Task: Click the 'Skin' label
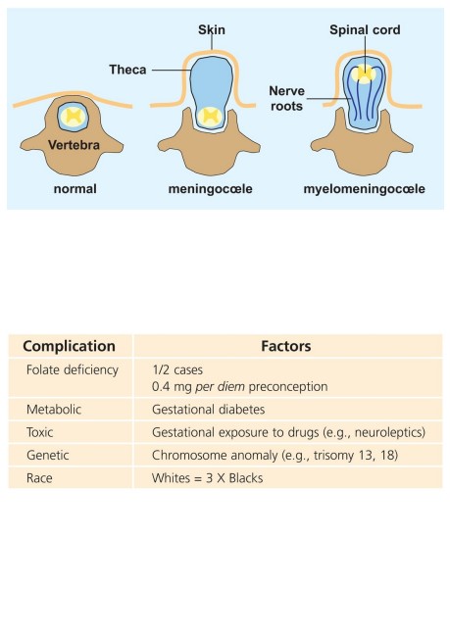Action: click(212, 29)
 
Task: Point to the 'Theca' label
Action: click(127, 70)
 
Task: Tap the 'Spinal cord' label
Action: click(365, 29)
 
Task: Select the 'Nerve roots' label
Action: click(286, 98)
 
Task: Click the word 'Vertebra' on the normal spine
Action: click(74, 145)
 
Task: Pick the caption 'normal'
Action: click(75, 189)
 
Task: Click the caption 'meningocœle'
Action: click(210, 189)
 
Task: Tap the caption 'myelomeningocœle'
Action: click(365, 189)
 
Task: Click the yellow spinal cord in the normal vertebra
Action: click(74, 117)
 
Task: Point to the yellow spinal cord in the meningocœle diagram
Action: click(210, 116)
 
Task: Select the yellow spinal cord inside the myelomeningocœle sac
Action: click(364, 73)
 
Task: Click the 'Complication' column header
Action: click(69, 346)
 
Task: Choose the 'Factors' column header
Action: click(285, 346)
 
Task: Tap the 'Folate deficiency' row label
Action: click(73, 370)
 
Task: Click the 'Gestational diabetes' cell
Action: click(209, 409)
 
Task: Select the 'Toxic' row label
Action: click(40, 432)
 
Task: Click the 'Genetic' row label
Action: click(48, 455)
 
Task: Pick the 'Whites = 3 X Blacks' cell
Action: click(207, 478)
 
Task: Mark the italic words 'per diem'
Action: click(220, 386)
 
